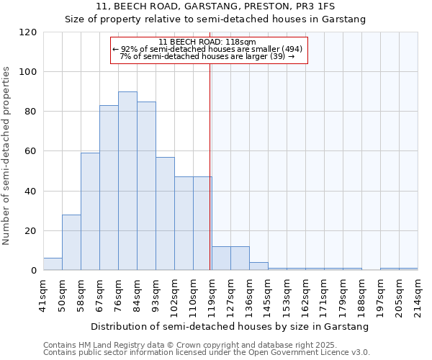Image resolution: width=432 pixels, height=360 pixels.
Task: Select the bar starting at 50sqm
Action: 71,243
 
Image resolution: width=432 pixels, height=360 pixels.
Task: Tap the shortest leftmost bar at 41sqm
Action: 53,264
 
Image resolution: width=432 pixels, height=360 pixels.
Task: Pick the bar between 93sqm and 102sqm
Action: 165,214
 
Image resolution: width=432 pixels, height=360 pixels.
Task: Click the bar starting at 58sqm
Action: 90,212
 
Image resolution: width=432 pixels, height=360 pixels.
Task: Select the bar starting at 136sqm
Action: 258,266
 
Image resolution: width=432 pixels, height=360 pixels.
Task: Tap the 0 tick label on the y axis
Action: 35,271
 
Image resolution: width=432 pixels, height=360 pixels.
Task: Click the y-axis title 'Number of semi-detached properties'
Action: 7,156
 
